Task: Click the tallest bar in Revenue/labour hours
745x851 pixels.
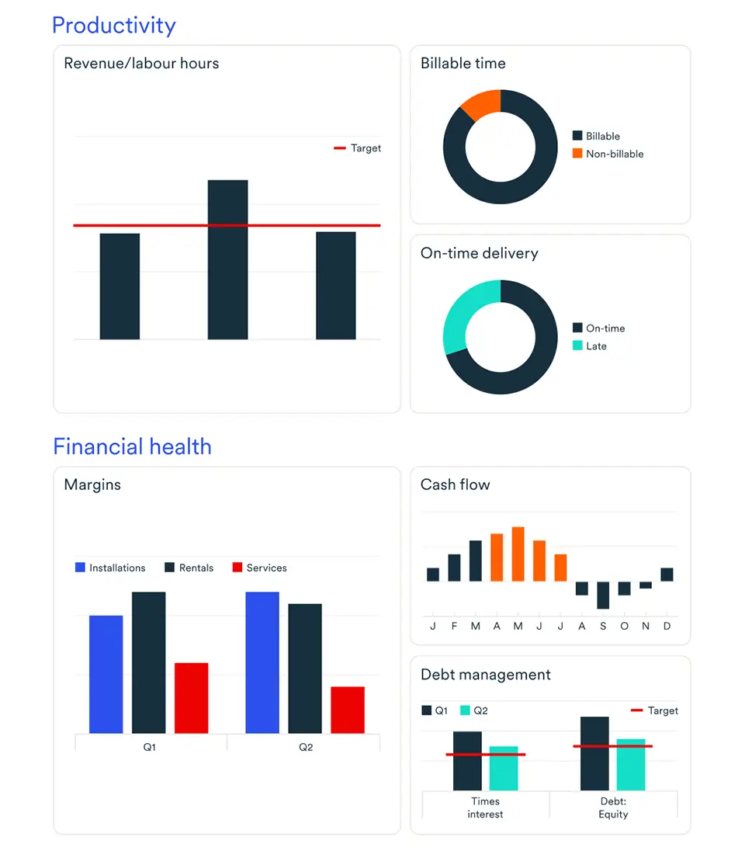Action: pos(227,259)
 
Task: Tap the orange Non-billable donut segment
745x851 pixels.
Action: pos(481,104)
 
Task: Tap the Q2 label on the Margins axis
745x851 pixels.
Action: pos(306,748)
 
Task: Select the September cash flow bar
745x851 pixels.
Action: pos(602,595)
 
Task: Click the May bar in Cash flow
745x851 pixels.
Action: pos(518,554)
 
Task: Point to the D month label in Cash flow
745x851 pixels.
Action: pos(667,626)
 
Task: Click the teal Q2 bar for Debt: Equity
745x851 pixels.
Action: pos(631,765)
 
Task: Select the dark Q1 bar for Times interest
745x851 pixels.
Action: pos(467,761)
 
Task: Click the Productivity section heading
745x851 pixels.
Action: pos(114,26)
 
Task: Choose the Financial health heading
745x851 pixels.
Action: pos(132,446)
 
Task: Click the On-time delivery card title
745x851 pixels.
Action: pos(479,253)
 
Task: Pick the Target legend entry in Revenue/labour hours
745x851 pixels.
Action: pos(358,148)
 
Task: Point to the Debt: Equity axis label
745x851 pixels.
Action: pos(613,808)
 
